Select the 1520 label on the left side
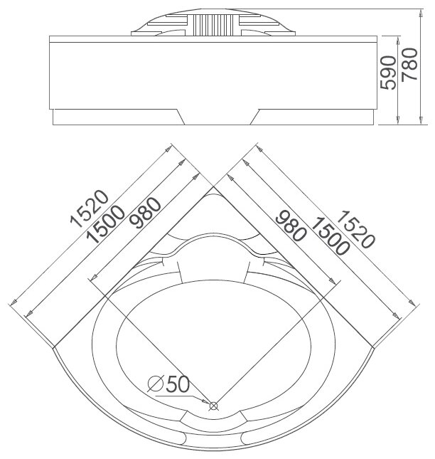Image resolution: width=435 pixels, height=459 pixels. click(90, 211)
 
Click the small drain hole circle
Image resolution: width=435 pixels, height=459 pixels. click(213, 406)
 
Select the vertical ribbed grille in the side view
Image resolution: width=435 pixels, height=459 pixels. click(213, 28)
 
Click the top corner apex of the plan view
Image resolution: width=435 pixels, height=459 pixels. click(214, 187)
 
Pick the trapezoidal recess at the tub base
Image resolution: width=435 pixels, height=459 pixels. click(218, 118)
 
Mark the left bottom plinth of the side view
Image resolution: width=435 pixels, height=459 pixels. click(114, 118)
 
